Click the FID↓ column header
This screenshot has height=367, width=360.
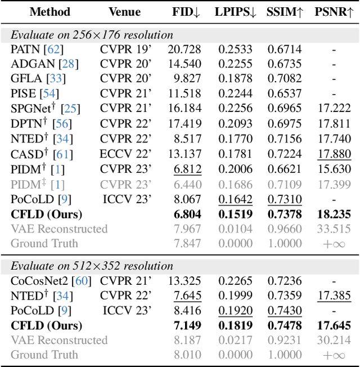[186, 11]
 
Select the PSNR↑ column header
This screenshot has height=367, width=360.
[334, 11]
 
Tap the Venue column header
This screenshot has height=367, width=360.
[124, 11]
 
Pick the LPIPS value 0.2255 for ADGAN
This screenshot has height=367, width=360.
[233, 64]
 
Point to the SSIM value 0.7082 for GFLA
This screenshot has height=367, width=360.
[284, 79]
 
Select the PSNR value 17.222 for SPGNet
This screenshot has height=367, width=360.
[334, 109]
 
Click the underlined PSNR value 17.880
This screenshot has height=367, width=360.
[334, 154]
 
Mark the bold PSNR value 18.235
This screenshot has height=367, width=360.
[334, 214]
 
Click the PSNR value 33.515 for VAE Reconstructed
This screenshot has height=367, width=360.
[334, 229]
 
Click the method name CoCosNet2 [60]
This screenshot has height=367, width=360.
[50, 280]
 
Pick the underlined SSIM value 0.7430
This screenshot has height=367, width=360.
[284, 310]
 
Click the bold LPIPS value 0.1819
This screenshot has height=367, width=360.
[233, 325]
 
